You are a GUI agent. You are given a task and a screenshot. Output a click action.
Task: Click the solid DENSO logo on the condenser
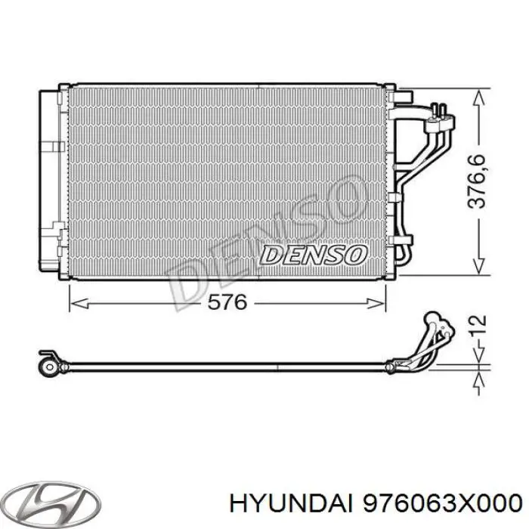click(312, 255)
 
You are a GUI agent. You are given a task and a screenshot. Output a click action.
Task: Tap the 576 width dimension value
click(227, 302)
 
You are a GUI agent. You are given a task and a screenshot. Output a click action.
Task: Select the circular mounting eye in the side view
click(51, 367)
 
